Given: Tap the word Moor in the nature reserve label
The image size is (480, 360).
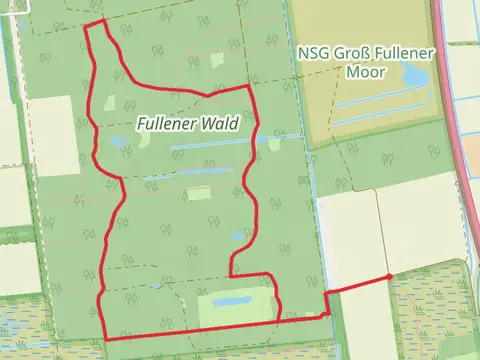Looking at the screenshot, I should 365,71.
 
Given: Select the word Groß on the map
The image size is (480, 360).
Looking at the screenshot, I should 349,52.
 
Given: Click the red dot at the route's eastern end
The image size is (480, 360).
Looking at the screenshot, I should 388,277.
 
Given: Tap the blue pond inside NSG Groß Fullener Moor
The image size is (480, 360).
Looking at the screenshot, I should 410,75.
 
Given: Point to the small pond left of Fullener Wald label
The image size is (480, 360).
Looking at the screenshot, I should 118,142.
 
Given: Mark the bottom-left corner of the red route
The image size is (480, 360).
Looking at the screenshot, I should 104,337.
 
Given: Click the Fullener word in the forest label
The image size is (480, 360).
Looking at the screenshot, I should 165,124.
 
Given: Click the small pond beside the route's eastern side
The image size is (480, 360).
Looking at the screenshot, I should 237,237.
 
